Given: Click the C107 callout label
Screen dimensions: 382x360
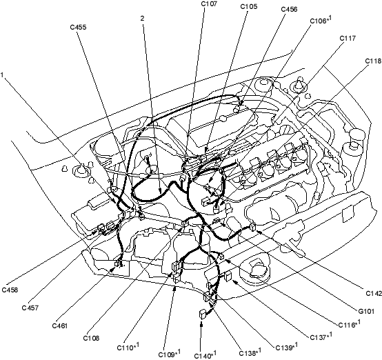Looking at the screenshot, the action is point(209,4).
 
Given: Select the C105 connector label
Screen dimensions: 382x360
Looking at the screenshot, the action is point(249,7).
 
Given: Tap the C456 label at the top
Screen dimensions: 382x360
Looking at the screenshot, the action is point(289,9).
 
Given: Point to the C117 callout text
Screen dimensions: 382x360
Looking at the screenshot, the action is point(348,38).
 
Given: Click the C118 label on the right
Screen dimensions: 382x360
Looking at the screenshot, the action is point(374,61).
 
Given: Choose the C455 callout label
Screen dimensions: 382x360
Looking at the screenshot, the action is point(78,27).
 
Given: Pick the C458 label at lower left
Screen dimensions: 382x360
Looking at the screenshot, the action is point(10,290).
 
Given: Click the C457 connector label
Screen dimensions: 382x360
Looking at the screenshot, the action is point(30,308).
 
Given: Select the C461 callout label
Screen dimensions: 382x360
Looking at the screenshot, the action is point(60,326).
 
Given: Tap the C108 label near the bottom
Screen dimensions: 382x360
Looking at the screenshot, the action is point(91,338).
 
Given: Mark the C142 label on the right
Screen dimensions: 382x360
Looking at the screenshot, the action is point(374,294).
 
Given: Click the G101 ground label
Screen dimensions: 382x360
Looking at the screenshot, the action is point(366,311).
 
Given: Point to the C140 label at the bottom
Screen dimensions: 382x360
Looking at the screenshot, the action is point(205,354).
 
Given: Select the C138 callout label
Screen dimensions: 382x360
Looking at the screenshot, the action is point(250,352).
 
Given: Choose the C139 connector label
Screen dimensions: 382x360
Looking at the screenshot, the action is point(287,347).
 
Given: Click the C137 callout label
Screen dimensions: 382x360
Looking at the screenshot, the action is point(321,337).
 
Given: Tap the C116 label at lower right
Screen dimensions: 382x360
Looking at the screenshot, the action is point(350,324).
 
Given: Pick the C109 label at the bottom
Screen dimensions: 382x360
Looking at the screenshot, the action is point(170,354).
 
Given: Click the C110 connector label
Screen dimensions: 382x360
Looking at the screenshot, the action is point(128,347).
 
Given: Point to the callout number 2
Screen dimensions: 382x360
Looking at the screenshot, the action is point(142,19).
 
